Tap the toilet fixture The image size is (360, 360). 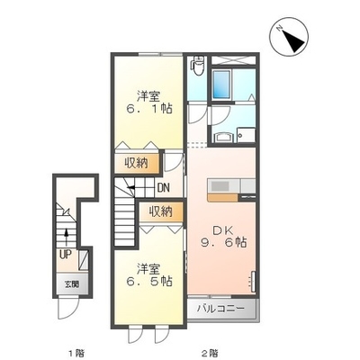[198, 66]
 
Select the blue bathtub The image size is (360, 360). [221, 85]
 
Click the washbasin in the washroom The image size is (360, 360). [222, 138]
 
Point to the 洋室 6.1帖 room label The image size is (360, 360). [148, 103]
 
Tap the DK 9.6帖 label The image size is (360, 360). [223, 236]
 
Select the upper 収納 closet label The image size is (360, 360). [137, 164]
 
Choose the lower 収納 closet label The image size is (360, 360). [161, 212]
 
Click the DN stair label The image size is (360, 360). [164, 188]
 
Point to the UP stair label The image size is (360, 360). [65, 255]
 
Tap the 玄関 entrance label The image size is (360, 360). [72, 284]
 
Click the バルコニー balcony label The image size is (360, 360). [220, 308]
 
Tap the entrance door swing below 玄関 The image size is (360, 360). [68, 309]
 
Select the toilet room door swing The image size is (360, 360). [197, 114]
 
